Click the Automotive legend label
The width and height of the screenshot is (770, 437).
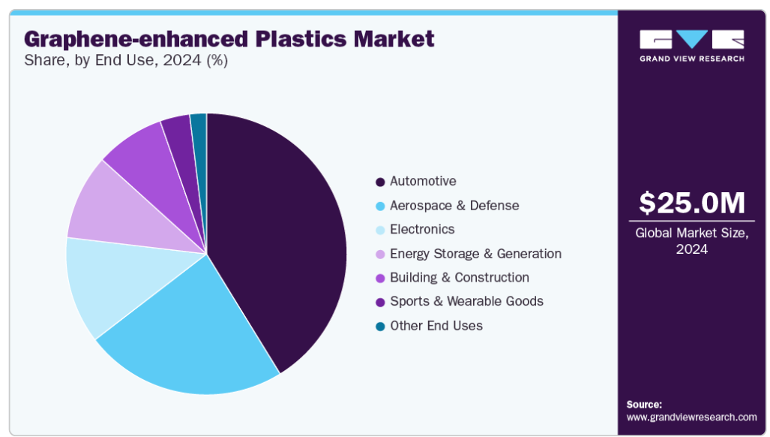423,182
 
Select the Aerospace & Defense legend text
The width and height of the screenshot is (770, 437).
454,206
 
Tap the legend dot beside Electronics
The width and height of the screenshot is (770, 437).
380,230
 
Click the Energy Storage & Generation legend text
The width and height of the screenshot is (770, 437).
475,254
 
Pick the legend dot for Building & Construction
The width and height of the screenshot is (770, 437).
380,279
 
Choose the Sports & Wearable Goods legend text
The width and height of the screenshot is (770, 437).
466,301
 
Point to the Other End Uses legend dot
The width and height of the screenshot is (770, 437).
380,327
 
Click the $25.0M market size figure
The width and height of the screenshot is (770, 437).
691,203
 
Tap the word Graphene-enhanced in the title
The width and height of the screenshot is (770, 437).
136,39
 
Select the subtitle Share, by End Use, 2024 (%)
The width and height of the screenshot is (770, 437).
126,61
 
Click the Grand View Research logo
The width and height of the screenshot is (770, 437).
691,46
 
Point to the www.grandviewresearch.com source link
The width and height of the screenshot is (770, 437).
691,417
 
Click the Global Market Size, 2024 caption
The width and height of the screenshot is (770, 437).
691,241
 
